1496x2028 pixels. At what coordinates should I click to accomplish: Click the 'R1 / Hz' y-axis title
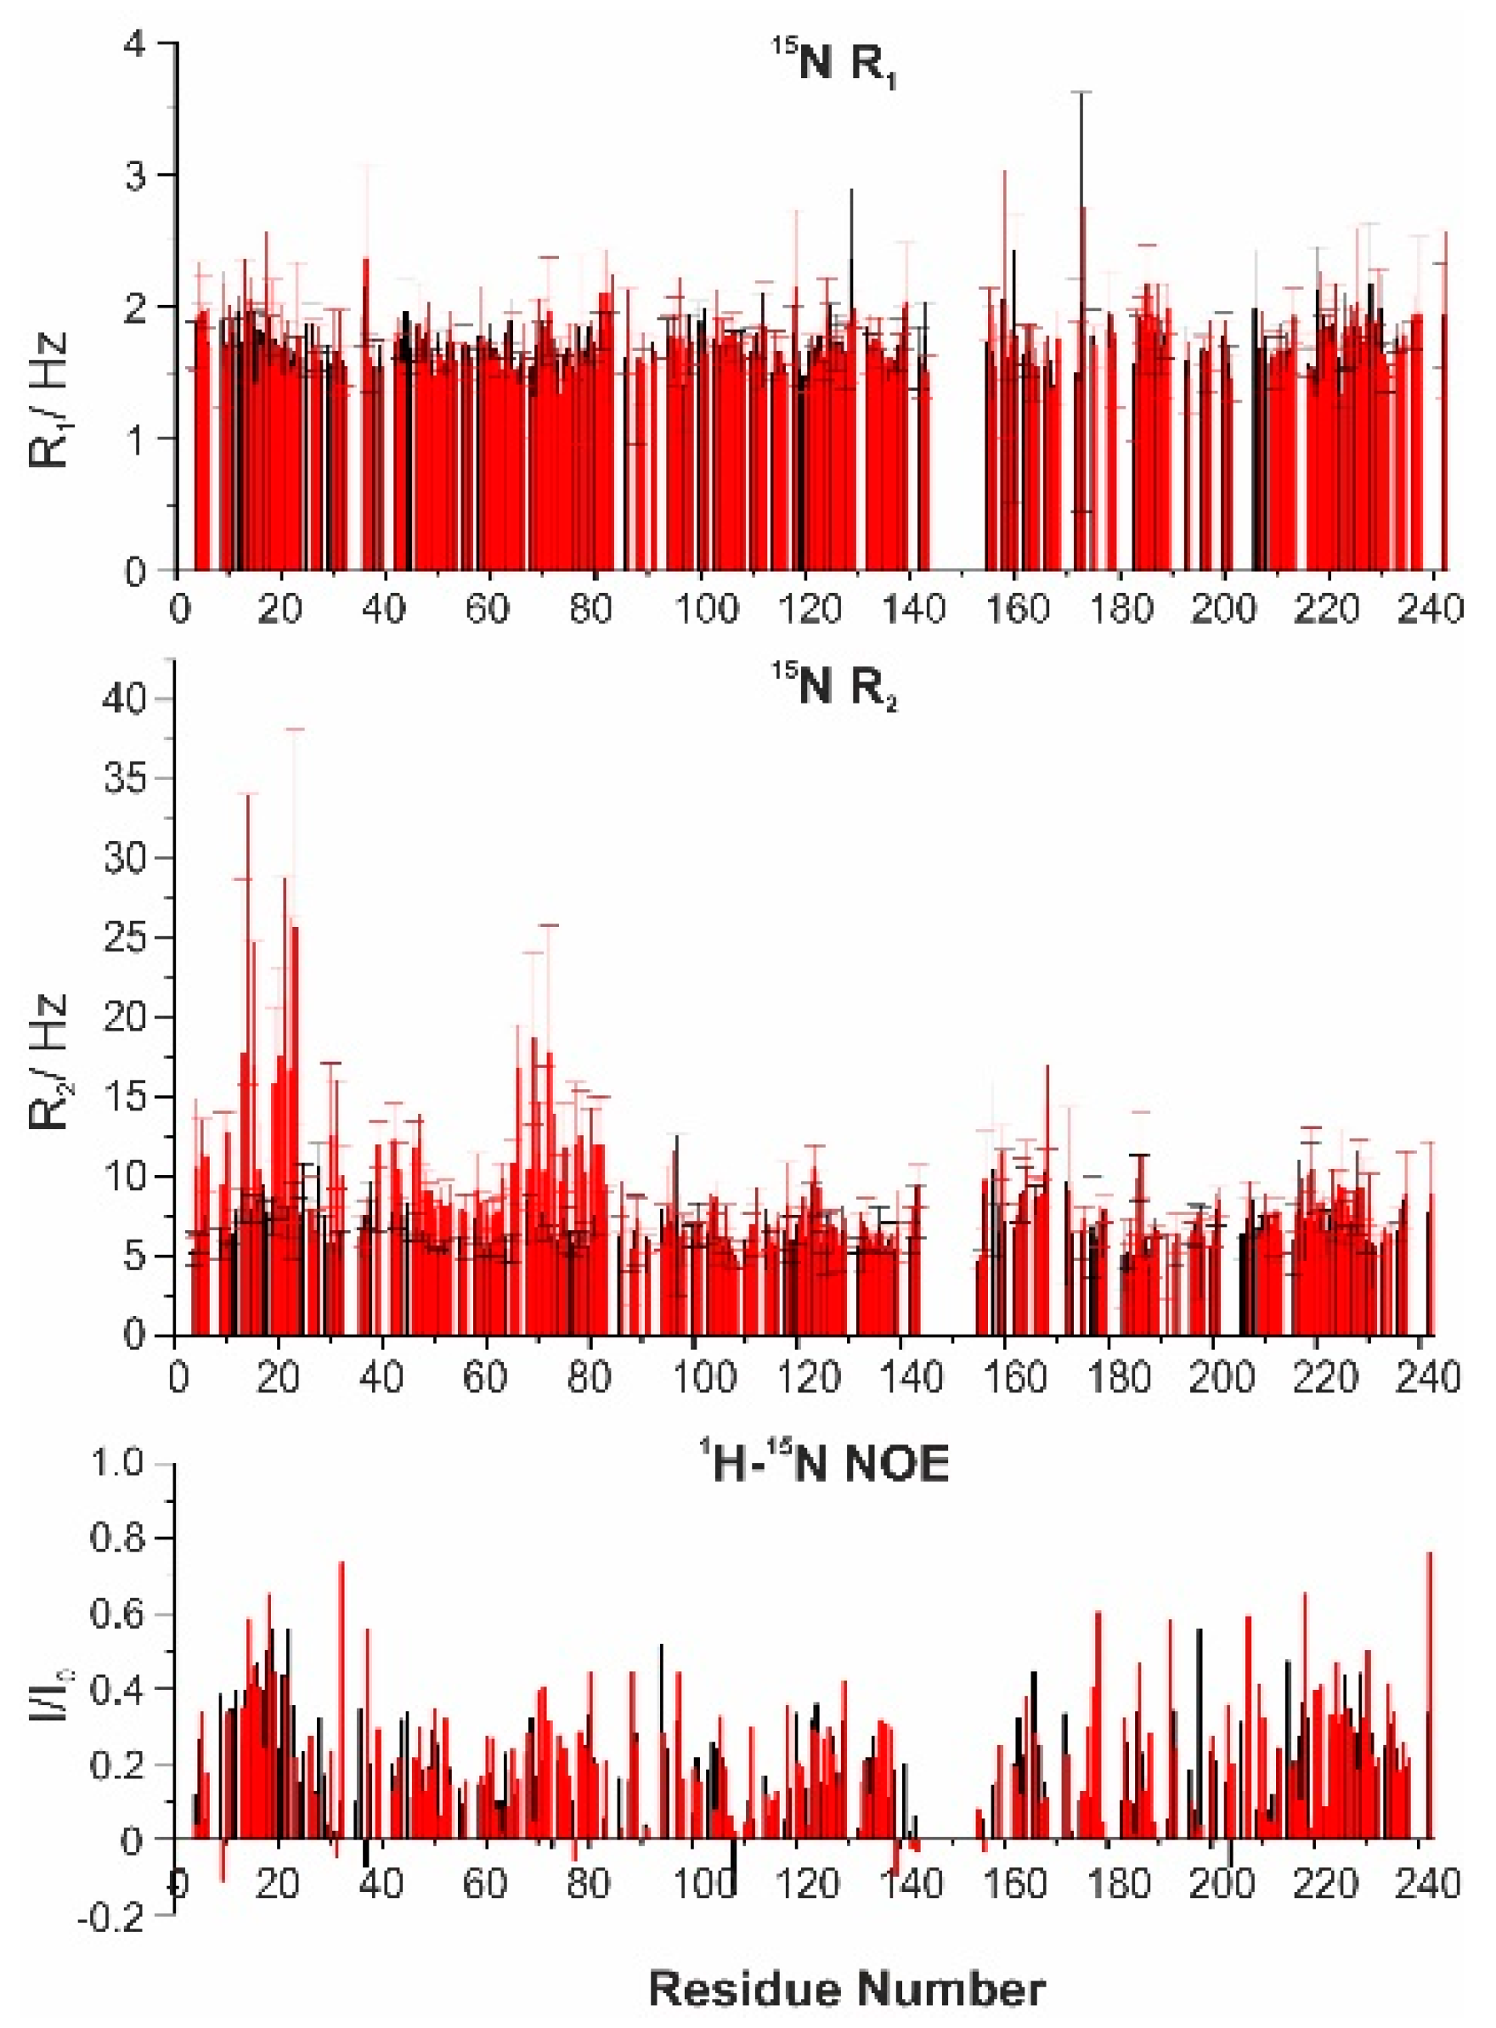pos(50,397)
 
